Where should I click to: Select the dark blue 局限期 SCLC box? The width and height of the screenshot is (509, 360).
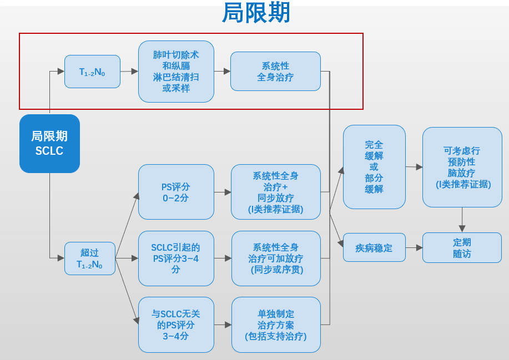[x=49, y=144]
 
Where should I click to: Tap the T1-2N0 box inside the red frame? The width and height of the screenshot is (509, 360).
[x=92, y=72]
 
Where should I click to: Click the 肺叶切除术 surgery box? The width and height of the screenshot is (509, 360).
[x=176, y=72]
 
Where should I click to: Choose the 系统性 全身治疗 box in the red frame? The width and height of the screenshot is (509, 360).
[x=275, y=72]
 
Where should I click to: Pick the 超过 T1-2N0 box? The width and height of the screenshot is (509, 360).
[x=90, y=258]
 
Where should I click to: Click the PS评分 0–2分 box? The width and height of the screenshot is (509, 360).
[x=176, y=192]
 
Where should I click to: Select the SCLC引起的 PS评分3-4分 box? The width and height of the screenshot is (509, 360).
[x=176, y=258]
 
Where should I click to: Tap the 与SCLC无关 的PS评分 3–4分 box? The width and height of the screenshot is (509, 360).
[x=176, y=324]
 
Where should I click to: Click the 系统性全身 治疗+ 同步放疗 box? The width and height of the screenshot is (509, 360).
[x=276, y=192]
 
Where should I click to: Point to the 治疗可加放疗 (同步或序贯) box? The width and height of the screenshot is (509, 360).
[x=276, y=258]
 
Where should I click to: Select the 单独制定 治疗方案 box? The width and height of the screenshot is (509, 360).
[x=276, y=324]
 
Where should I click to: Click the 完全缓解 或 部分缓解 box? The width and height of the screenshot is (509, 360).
[x=374, y=167]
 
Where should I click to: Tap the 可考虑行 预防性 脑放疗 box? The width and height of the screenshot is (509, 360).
[x=462, y=167]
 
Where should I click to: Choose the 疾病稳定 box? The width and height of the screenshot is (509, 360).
[x=374, y=247]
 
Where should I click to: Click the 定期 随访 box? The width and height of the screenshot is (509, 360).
[x=462, y=247]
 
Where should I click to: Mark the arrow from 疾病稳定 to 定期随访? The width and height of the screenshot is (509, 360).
[x=414, y=247]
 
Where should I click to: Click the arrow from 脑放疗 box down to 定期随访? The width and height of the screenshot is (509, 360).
[x=462, y=220]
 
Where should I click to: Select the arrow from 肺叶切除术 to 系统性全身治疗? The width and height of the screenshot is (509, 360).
[x=222, y=72]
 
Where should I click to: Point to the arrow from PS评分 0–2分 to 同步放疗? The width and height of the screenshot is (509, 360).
[x=223, y=192]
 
